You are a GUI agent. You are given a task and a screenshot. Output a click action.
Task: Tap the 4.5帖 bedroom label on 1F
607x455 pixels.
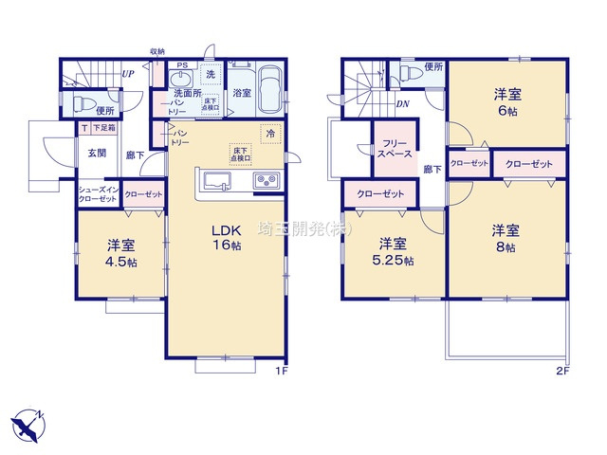120,252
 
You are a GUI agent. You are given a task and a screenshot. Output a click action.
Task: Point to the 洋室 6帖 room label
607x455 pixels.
504,102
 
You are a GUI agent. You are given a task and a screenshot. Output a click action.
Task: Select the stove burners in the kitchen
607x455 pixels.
264,180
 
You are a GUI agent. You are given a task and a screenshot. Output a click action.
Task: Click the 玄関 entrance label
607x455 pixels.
97,152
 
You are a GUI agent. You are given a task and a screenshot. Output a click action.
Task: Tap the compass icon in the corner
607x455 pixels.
27,421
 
